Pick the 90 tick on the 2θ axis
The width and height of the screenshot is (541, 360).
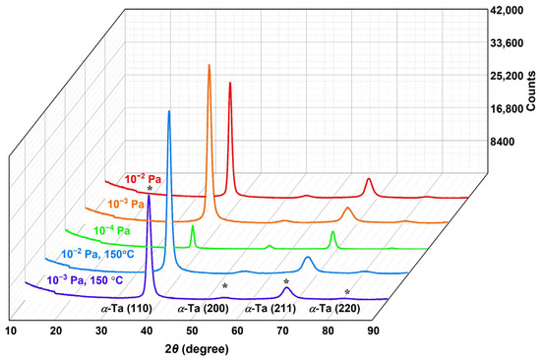tap(374, 330)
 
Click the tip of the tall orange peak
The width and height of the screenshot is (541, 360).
tap(209, 65)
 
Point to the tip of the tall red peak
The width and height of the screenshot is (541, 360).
tap(230, 84)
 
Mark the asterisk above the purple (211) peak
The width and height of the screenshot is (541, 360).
tap(286, 282)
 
